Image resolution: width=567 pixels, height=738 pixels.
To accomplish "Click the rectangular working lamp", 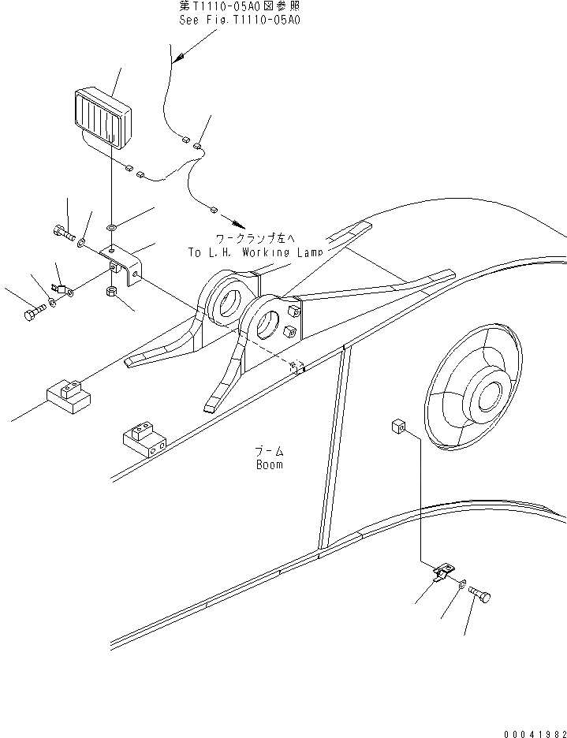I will [103, 118].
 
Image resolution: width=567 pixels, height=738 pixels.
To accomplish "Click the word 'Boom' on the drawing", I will [269, 464].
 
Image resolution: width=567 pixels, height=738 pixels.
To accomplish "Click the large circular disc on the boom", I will [473, 386].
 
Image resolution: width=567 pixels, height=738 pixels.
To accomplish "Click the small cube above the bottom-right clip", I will [397, 427].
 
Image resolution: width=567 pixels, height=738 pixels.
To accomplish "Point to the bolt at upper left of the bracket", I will [64, 232].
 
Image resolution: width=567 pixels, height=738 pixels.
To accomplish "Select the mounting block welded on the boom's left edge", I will [143, 440].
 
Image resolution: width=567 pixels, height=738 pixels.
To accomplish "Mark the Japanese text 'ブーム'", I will [269, 451].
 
